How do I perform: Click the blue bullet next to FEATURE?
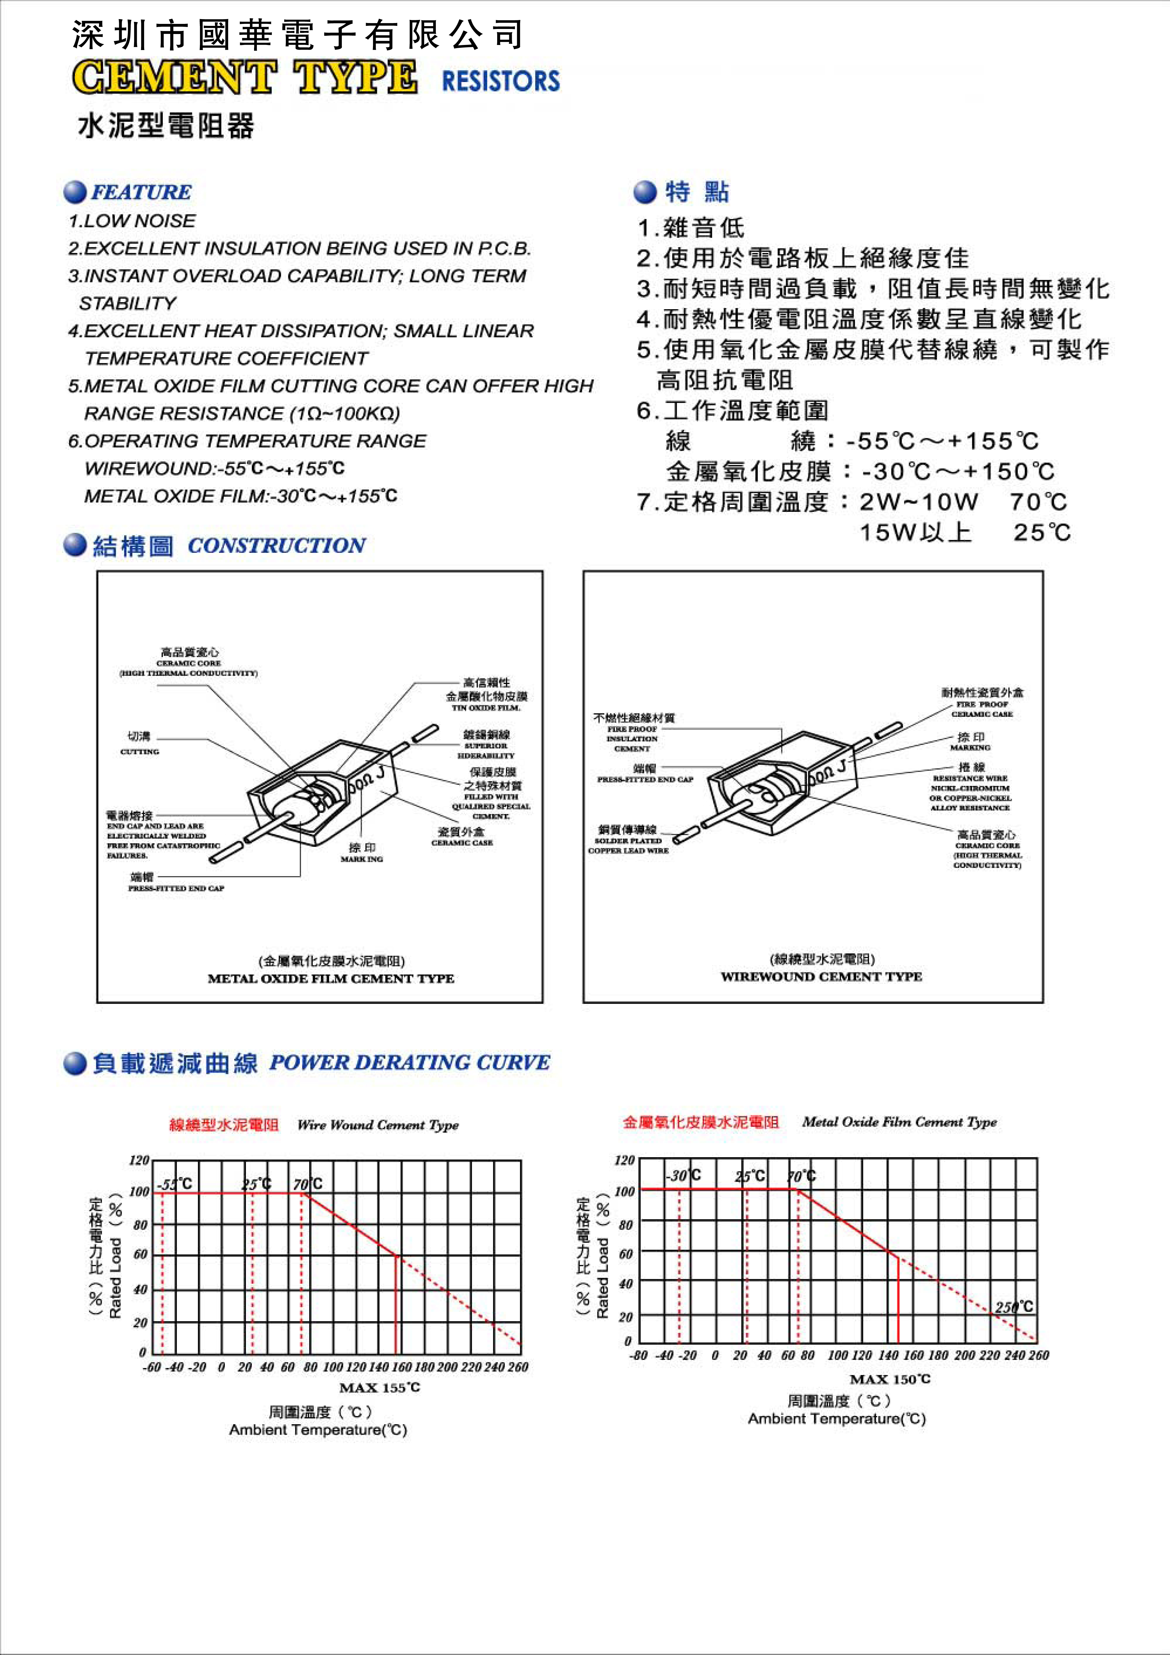(75, 193)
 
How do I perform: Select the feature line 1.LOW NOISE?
(132, 221)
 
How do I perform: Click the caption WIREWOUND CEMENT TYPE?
(821, 977)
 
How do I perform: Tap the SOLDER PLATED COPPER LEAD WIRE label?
(628, 845)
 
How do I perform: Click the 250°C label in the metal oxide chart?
(1013, 1307)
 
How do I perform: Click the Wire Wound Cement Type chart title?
(378, 1125)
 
